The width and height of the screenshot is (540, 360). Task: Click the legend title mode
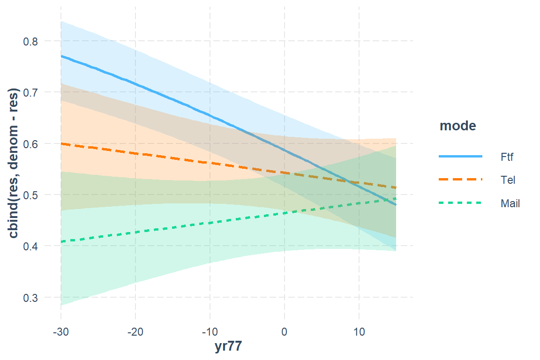tap(457, 126)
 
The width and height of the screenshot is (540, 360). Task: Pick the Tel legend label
tap(507, 180)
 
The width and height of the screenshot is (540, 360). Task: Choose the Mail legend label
tap(510, 203)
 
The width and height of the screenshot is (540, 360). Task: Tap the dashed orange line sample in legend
tap(460, 180)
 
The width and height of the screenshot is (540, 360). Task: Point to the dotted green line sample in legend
tap(460, 203)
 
